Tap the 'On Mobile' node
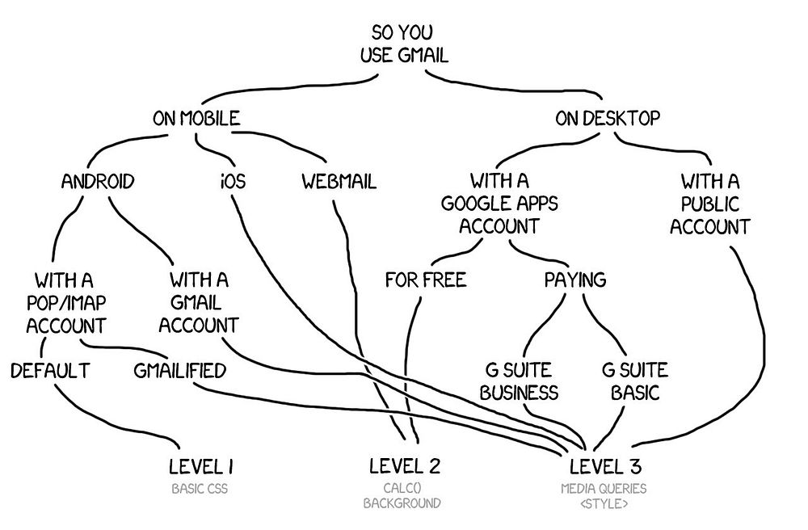click(x=196, y=119)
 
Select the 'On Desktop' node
click(x=608, y=119)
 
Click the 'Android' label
click(x=98, y=181)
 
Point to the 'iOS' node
click(x=233, y=181)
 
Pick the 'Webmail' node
click(x=339, y=181)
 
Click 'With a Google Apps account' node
click(x=499, y=203)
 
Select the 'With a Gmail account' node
click(x=199, y=303)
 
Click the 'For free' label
click(x=426, y=280)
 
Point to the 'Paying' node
click(x=574, y=280)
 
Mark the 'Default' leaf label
click(x=50, y=371)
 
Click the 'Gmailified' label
click(x=179, y=371)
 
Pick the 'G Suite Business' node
click(x=519, y=381)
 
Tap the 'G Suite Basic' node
click(x=635, y=381)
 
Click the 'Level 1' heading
click(x=201, y=466)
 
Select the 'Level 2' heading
click(x=404, y=466)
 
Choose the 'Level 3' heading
click(x=605, y=466)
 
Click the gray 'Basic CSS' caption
click(x=201, y=489)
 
